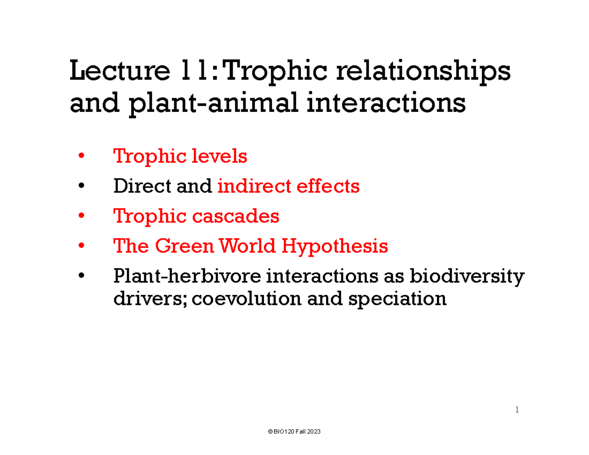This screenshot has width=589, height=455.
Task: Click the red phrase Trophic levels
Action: pyautogui.click(x=180, y=157)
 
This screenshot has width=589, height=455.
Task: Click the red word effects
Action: pyautogui.click(x=330, y=187)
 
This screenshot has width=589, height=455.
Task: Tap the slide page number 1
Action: pyautogui.click(x=517, y=409)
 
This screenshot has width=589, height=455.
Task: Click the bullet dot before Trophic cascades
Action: pyautogui.click(x=81, y=216)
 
